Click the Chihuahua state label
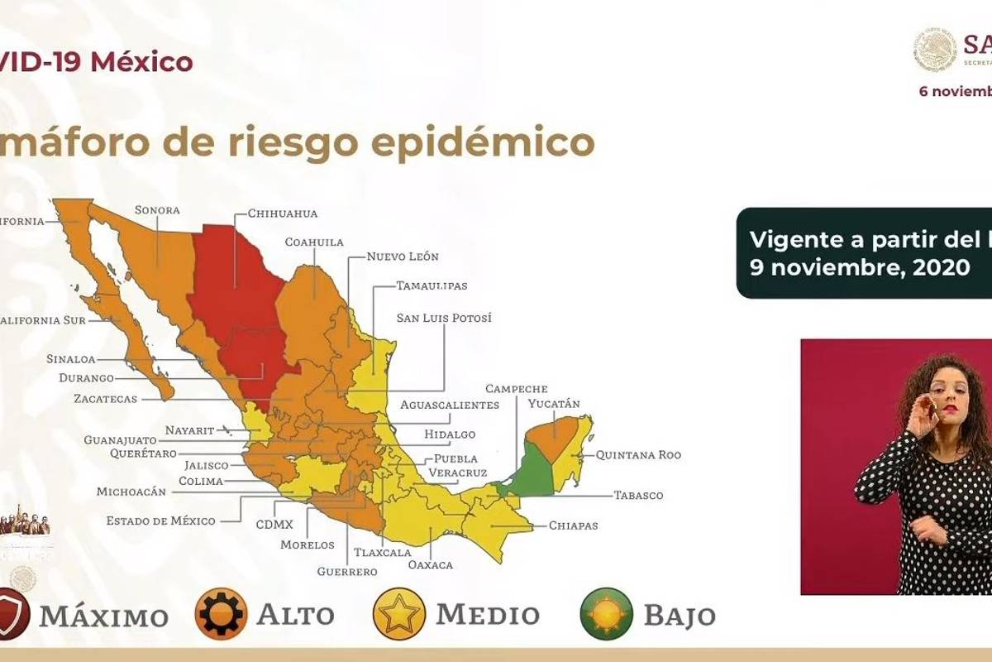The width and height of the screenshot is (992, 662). click(x=283, y=213)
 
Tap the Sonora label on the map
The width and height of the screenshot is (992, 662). click(x=157, y=210)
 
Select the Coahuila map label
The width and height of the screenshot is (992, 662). click(x=314, y=242)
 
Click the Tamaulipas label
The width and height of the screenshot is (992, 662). click(x=432, y=286)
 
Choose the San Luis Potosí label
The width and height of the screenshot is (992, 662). click(x=444, y=318)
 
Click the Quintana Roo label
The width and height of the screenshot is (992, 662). click(x=638, y=455)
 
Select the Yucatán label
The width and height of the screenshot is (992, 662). click(x=554, y=404)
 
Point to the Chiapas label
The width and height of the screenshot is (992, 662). click(x=573, y=525)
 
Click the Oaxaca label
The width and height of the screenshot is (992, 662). click(x=431, y=564)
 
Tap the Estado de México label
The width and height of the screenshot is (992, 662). click(x=160, y=520)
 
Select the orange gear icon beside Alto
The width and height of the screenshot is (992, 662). click(x=221, y=614)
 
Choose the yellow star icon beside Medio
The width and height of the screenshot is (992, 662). click(x=399, y=614)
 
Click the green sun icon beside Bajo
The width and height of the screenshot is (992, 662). click(x=606, y=614)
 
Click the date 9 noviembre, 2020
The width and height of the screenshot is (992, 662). click(x=860, y=267)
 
